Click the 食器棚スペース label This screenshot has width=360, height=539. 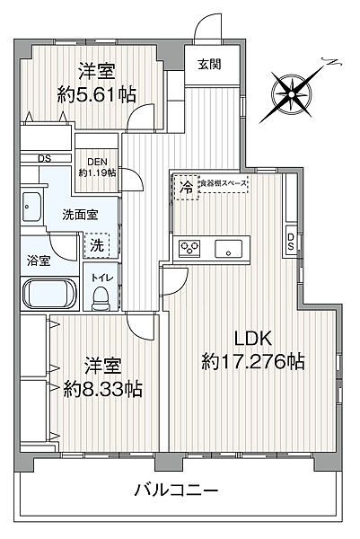point(223,182)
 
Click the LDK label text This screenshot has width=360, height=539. point(254,340)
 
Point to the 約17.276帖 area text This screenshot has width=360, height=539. point(253,362)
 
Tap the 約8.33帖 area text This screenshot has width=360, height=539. point(101,390)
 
